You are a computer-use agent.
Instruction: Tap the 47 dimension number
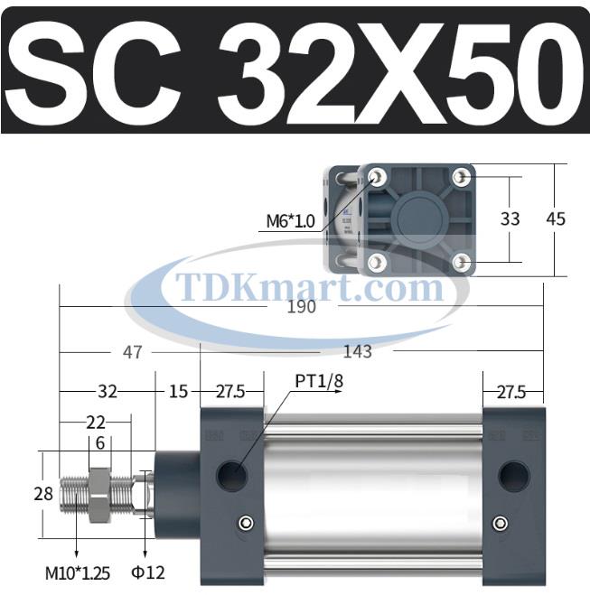(133, 352)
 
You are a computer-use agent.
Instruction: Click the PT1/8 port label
(319, 380)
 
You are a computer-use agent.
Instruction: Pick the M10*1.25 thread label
(77, 572)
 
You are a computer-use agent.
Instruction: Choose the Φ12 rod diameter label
(149, 572)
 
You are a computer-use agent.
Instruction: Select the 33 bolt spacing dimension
(510, 219)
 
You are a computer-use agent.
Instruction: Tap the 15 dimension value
(178, 392)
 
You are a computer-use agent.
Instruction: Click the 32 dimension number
(108, 392)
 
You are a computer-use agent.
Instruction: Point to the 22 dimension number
(96, 422)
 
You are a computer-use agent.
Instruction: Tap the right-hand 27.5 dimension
(511, 392)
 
